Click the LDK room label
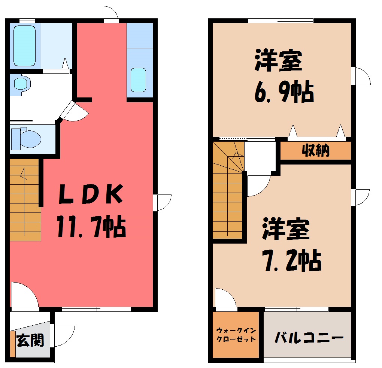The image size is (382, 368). pyautogui.click(x=91, y=194)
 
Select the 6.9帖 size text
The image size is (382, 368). pyautogui.click(x=284, y=92)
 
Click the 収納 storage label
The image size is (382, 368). pyautogui.click(x=315, y=150)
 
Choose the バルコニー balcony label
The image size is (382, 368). pyautogui.click(x=309, y=338)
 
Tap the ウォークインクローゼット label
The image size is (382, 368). pyautogui.click(x=236, y=335)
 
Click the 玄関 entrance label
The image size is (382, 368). pyautogui.click(x=30, y=340)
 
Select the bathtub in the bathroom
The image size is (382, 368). pyautogui.click(x=24, y=46)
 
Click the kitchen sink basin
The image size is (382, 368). pyautogui.click(x=138, y=80)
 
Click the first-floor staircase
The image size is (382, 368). pyautogui.click(x=25, y=200)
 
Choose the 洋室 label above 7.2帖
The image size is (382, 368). pyautogui.click(x=285, y=229)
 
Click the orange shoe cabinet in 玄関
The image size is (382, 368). pyautogui.click(x=13, y=344)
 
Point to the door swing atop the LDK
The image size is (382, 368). pyautogui.click(x=111, y=12)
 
